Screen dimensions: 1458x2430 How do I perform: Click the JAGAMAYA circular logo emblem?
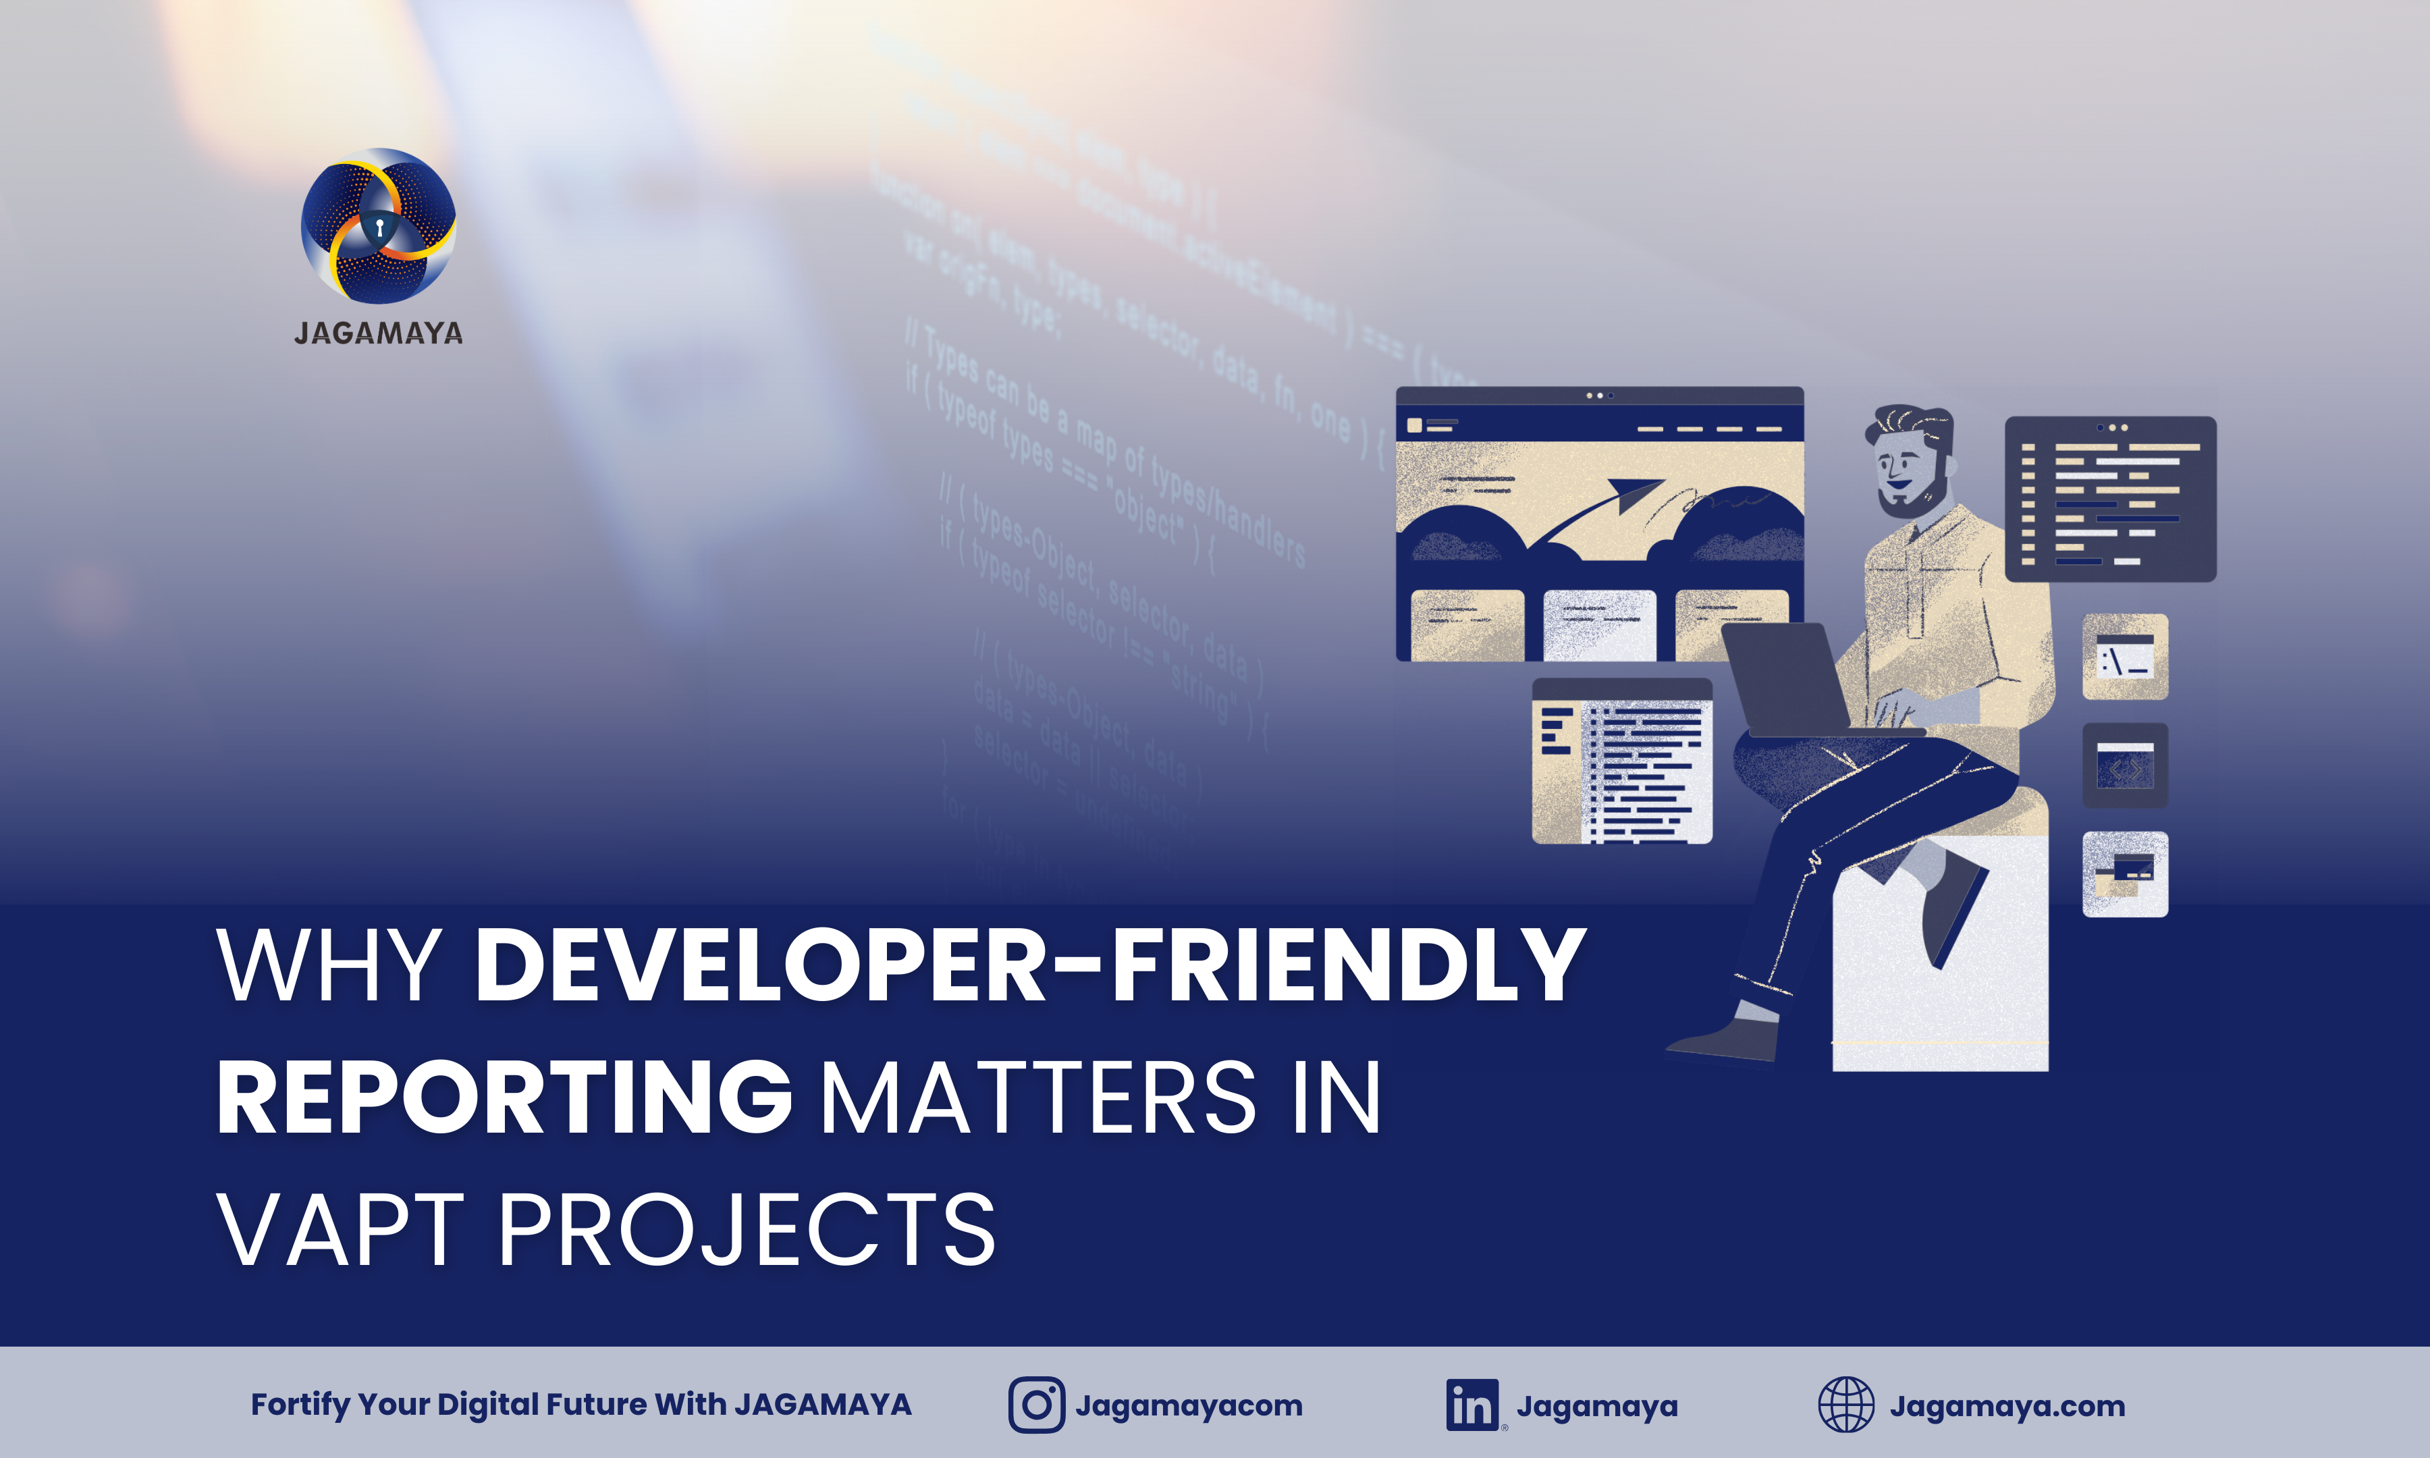pos(378,225)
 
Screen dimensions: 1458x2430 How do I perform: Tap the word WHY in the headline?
pos(329,966)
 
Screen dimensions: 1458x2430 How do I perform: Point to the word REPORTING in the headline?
pos(504,1098)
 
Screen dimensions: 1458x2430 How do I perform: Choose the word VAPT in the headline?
pos(340,1229)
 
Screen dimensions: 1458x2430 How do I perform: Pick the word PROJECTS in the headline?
pos(747,1229)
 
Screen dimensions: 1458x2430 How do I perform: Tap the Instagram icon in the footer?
pos(1036,1405)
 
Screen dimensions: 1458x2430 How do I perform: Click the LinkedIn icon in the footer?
pos(1471,1405)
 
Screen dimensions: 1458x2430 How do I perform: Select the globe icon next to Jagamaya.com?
pos(1845,1405)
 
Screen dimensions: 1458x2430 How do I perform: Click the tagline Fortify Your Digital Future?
pos(580,1405)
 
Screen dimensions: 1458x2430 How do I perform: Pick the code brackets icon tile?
pos(2124,766)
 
